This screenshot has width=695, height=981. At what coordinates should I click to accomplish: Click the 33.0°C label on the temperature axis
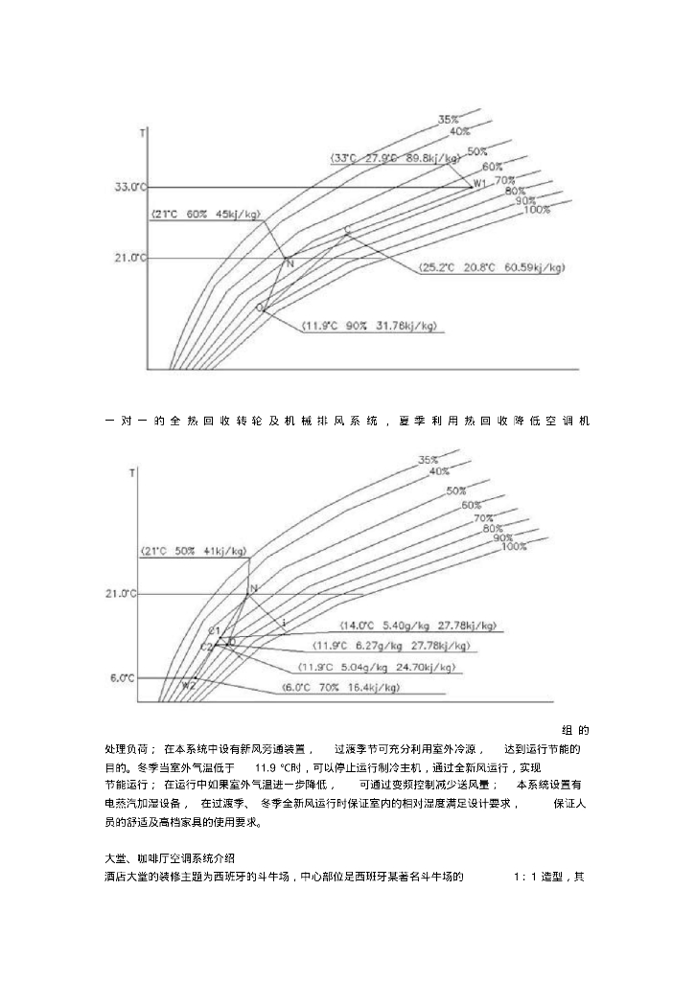tap(131, 187)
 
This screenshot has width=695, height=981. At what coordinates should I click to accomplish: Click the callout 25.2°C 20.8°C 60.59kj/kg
tap(492, 268)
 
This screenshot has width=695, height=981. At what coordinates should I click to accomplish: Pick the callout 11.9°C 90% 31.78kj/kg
tap(370, 326)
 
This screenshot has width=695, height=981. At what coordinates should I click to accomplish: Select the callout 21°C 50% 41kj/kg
tap(194, 551)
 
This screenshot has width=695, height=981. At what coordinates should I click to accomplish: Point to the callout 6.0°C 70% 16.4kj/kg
tap(341, 688)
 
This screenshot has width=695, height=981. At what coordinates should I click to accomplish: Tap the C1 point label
tap(215, 631)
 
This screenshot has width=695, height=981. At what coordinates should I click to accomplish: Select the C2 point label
tap(206, 647)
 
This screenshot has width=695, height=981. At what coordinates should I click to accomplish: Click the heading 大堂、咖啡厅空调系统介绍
tap(169, 855)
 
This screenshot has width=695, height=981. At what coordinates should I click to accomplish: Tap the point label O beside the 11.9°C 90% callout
tap(259, 308)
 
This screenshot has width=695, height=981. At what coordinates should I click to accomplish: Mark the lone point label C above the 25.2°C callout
tap(347, 231)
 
